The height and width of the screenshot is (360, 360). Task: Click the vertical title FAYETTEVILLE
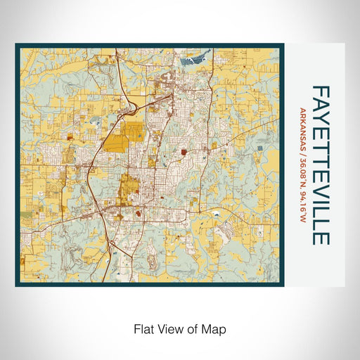click(320, 165)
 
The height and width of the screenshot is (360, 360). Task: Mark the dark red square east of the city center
click(184, 150)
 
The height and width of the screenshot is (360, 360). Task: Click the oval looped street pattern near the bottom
click(127, 264)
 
